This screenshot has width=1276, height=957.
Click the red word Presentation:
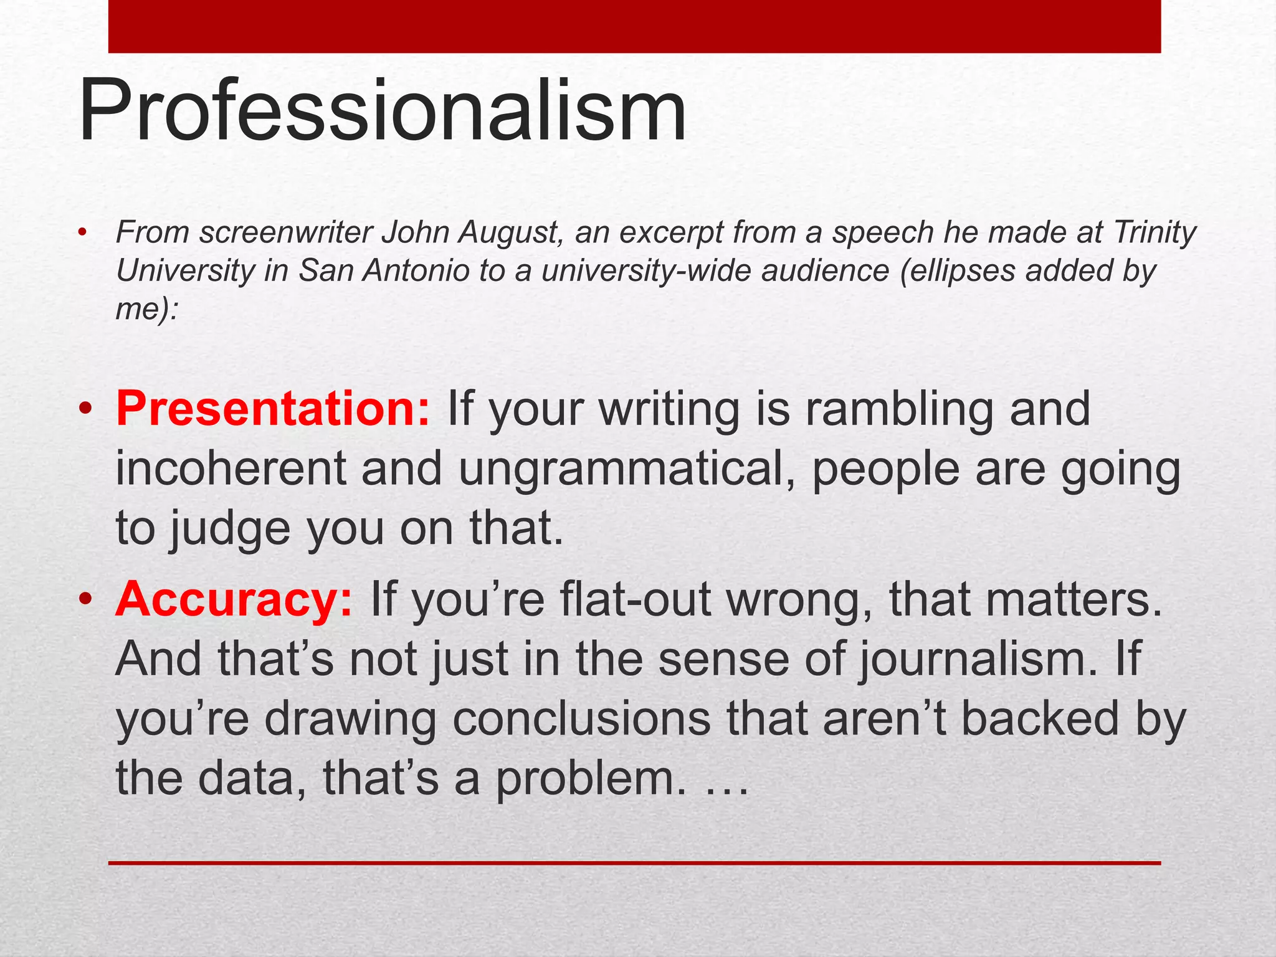coord(272,409)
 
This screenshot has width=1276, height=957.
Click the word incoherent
coord(231,469)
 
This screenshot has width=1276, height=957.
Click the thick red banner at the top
coord(634,26)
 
